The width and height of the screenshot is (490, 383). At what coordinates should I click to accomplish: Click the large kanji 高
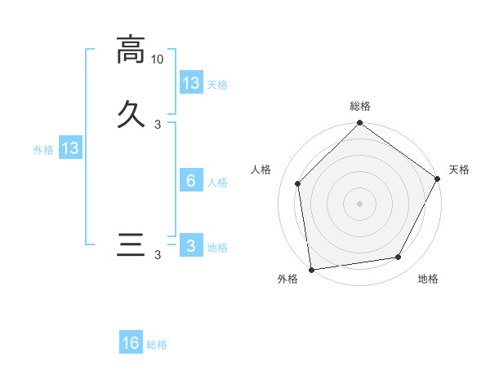pyautogui.click(x=131, y=51)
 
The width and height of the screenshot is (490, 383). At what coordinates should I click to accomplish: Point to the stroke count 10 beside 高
pyautogui.click(x=158, y=59)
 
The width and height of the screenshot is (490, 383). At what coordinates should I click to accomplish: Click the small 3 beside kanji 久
pyautogui.click(x=158, y=124)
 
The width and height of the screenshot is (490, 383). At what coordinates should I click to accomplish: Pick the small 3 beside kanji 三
pyautogui.click(x=158, y=256)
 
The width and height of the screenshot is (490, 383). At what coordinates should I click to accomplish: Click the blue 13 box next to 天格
pyautogui.click(x=191, y=82)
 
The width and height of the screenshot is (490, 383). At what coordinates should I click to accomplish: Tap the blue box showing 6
pyautogui.click(x=191, y=180)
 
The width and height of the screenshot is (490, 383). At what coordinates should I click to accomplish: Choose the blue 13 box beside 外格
pyautogui.click(x=70, y=148)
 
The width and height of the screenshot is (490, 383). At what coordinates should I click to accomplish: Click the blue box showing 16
pyautogui.click(x=131, y=343)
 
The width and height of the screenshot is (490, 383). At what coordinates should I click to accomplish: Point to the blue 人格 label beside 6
pyautogui.click(x=218, y=183)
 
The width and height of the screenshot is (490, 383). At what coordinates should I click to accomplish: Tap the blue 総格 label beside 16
pyautogui.click(x=158, y=345)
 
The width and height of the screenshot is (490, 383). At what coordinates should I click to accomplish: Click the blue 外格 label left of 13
pyautogui.click(x=43, y=150)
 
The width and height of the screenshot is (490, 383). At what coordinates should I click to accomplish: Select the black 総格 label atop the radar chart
pyautogui.click(x=360, y=106)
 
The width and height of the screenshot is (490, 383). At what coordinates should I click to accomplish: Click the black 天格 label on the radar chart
pyautogui.click(x=459, y=169)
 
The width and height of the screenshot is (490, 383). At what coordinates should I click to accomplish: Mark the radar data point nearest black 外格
pyautogui.click(x=311, y=269)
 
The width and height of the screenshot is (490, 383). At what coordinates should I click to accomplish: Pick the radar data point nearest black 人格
pyautogui.click(x=298, y=183)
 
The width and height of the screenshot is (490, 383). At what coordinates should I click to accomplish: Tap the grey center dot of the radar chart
pyautogui.click(x=360, y=203)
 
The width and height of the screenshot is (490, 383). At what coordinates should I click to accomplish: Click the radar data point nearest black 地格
pyautogui.click(x=399, y=257)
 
